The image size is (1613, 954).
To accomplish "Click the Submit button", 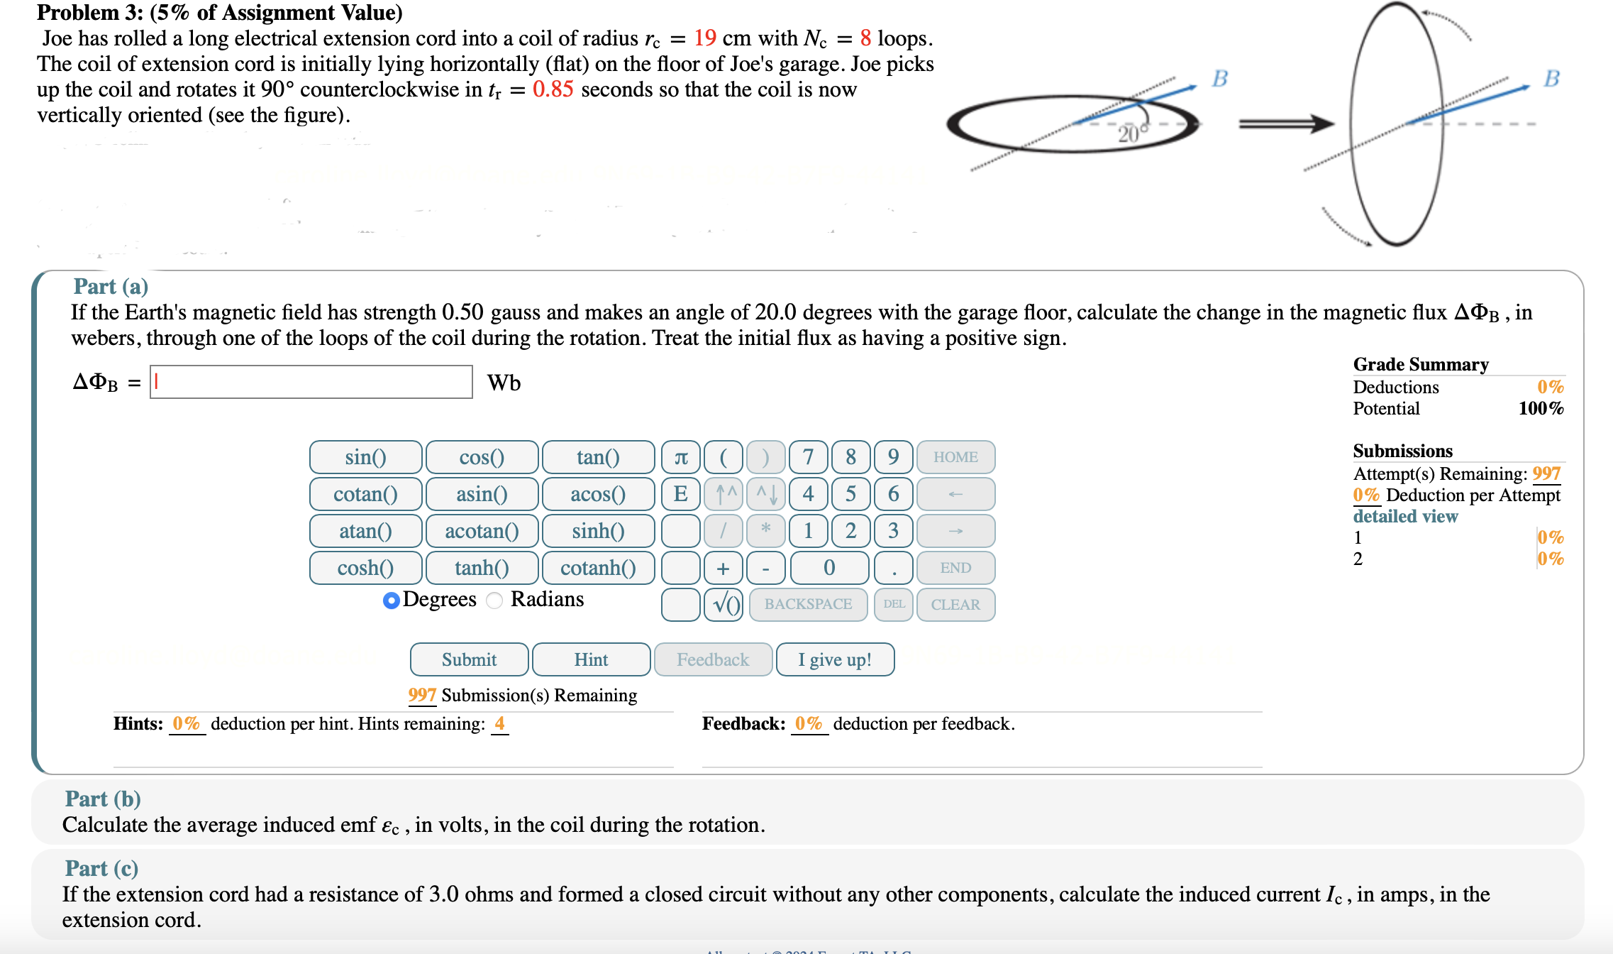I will [x=469, y=659].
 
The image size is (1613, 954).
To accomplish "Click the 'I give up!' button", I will [x=835, y=659].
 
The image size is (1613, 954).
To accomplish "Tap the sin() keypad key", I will [x=365, y=457].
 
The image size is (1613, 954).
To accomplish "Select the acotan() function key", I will [x=482, y=531].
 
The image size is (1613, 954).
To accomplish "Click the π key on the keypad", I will [x=681, y=457].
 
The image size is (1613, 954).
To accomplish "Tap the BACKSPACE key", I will [x=808, y=605].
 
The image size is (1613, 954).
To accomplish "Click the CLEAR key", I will [x=955, y=605].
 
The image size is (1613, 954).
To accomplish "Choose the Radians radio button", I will [x=495, y=601].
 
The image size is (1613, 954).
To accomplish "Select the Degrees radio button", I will [x=391, y=601].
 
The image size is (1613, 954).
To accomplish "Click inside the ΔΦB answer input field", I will [x=311, y=382].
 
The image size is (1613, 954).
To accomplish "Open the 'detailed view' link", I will [x=1405, y=516].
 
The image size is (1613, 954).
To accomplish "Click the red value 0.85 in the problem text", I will [x=553, y=89].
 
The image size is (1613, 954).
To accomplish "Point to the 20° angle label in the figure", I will [x=1129, y=134].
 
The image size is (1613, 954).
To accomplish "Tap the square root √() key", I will [x=724, y=605].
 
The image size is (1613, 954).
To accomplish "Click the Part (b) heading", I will [x=103, y=799].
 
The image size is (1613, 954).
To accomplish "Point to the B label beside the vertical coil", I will [x=1551, y=78].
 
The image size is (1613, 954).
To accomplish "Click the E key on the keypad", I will [x=681, y=494].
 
